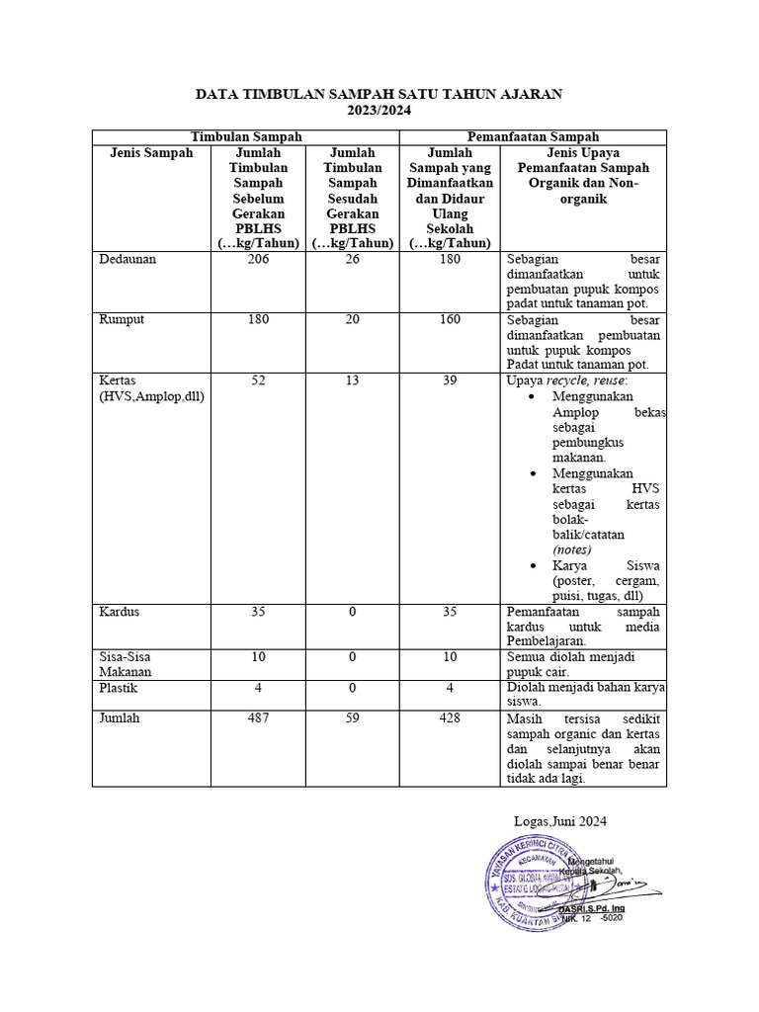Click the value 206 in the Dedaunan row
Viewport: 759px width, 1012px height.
258,259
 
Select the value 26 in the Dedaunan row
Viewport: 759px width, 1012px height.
353,259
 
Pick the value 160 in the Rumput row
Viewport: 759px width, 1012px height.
449,319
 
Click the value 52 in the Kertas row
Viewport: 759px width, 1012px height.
258,380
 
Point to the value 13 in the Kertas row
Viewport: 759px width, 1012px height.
353,380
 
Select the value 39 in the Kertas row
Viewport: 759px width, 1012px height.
449,380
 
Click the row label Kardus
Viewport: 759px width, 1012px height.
120,612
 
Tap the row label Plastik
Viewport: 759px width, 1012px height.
119,687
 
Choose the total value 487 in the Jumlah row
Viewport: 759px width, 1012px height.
258,718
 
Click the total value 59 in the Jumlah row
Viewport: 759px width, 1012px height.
353,718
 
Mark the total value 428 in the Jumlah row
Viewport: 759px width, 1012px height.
449,718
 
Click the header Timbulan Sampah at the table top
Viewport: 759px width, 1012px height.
246,137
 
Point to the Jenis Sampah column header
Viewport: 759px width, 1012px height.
146,153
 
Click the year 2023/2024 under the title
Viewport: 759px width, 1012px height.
379,111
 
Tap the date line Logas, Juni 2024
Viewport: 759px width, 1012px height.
560,820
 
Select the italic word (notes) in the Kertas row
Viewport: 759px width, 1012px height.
571,549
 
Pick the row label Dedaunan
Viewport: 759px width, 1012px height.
128,259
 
